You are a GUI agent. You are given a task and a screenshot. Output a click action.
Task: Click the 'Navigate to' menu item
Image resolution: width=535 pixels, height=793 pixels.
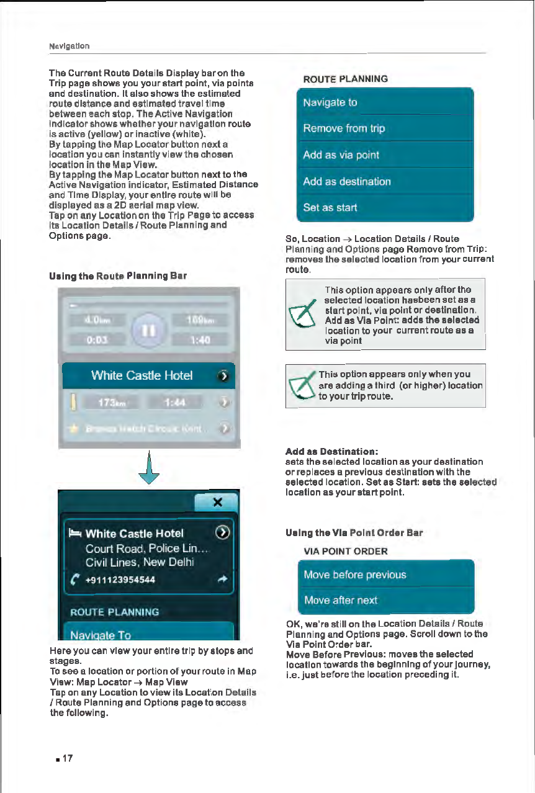click(385, 102)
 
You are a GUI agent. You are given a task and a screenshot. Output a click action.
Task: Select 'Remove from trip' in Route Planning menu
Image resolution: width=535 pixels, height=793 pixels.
click(385, 128)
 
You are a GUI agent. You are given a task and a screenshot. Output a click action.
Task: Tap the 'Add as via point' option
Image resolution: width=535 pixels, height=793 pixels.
click(385, 155)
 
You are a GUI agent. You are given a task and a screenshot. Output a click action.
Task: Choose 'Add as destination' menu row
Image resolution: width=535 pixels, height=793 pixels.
click(385, 182)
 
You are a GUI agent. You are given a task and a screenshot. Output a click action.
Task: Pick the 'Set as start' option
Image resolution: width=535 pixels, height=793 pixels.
click(385, 207)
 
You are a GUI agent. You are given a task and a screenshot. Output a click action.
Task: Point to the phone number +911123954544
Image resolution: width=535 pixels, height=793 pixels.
click(120, 580)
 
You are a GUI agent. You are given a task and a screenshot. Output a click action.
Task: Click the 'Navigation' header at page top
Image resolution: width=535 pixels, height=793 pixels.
click(69, 46)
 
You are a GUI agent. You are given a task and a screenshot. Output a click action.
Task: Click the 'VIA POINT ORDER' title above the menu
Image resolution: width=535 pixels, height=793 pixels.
click(345, 551)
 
